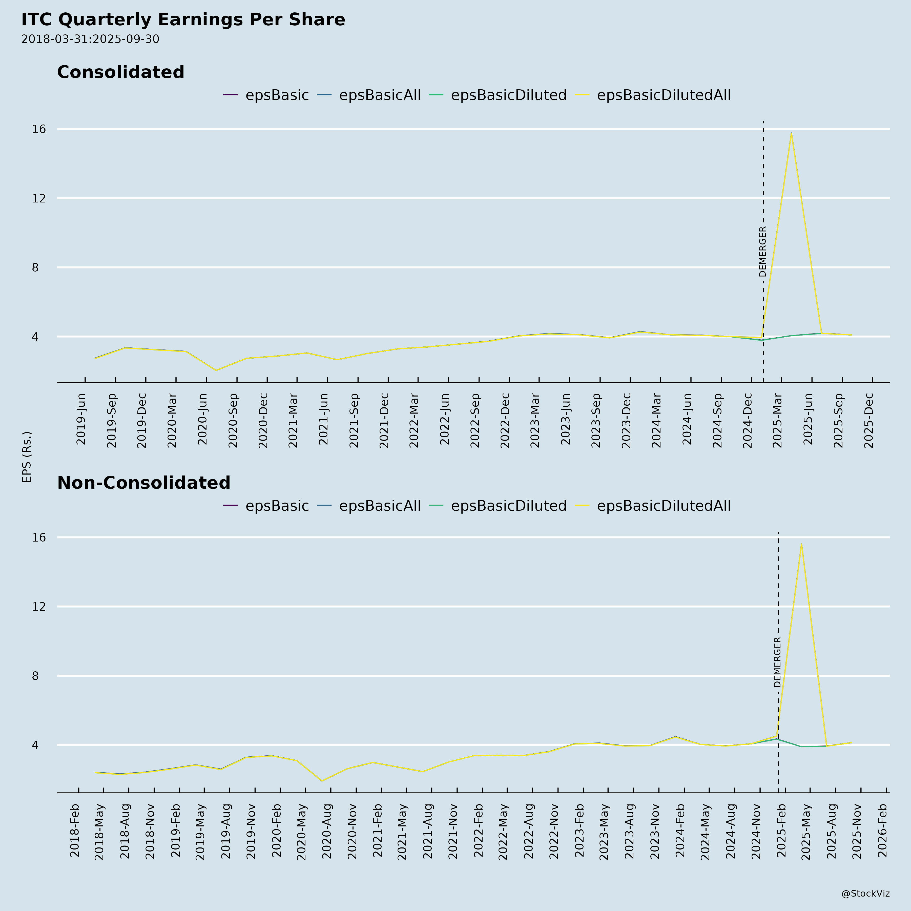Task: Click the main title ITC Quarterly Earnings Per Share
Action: tap(183, 20)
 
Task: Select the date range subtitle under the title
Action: tap(90, 39)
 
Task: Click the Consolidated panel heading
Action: tap(121, 72)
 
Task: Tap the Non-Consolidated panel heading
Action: tap(144, 483)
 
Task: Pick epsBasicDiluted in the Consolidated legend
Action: tap(508, 95)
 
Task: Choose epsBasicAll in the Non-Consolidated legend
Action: tap(380, 506)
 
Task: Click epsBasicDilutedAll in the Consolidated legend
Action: tap(664, 95)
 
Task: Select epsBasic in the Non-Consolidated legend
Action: tap(277, 506)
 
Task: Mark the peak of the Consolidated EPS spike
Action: tap(791, 133)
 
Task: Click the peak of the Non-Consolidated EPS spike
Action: tap(801, 544)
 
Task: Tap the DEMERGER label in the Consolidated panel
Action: tap(762, 251)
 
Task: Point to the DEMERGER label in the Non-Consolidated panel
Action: tap(777, 662)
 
